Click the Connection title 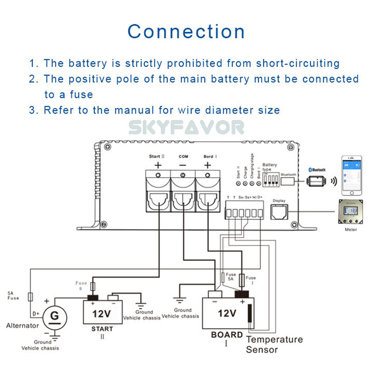point(186,32)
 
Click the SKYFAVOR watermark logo point(186,127)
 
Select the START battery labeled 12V point(102,312)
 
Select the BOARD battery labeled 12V point(227,312)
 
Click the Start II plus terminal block point(158,191)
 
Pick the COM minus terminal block point(183,191)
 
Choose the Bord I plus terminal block point(207,191)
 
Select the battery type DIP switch point(270,179)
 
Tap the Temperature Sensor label point(274,345)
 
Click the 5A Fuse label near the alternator point(13,296)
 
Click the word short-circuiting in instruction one point(298,63)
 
